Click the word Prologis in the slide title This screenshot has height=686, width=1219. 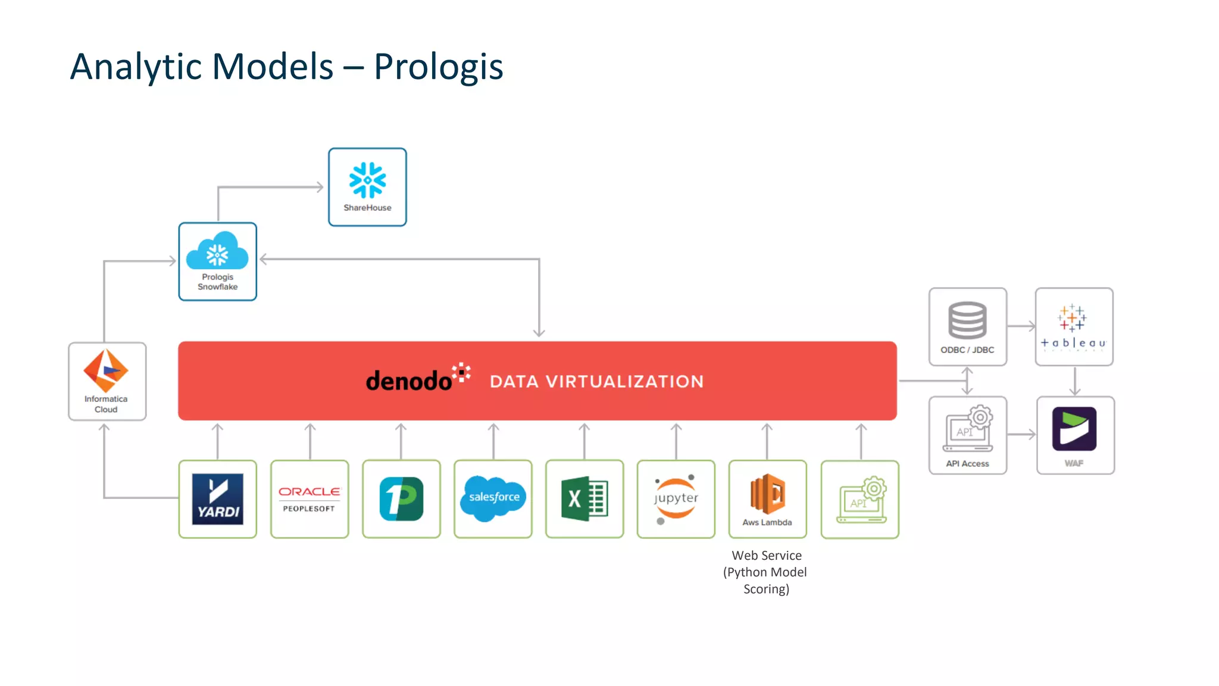coord(438,67)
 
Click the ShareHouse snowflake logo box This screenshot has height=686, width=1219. coord(367,187)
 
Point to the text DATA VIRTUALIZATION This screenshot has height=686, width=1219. coord(596,382)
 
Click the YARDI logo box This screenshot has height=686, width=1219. coord(218,499)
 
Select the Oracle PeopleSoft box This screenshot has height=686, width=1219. coord(310,499)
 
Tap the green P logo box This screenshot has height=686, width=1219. coord(402,499)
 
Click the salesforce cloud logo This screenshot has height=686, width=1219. coord(493,498)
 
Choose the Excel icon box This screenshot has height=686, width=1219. coord(585,499)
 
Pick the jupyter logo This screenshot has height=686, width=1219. coord(676,499)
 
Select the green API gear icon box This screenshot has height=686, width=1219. coord(860,499)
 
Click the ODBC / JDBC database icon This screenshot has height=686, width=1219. coord(967,320)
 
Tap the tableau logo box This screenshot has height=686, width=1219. coord(1074,326)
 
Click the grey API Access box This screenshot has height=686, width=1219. coord(968,435)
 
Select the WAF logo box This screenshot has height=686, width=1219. coord(1075,435)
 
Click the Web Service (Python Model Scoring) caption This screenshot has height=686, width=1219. coord(766,572)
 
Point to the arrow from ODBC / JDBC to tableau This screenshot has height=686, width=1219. coord(1021,326)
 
